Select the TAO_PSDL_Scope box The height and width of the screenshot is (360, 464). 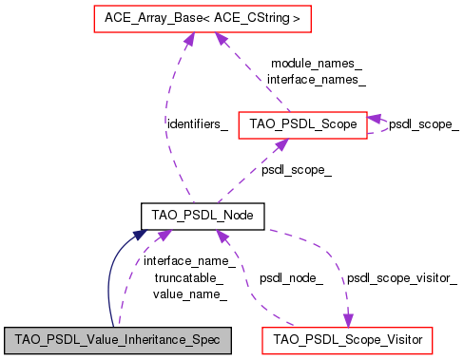pyautogui.click(x=302, y=124)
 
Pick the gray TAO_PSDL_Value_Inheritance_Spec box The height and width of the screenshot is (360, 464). pyautogui.click(x=119, y=339)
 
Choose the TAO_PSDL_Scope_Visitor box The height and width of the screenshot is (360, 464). pyautogui.click(x=348, y=339)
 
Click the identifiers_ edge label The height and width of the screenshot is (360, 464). pyautogui.click(x=197, y=124)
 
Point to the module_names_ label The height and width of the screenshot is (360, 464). pyautogui.click(x=316, y=64)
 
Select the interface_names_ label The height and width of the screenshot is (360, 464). pyautogui.click(x=316, y=80)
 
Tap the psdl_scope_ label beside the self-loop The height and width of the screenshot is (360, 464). pyautogui.click(x=423, y=124)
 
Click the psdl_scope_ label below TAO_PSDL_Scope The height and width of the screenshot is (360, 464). pyautogui.click(x=297, y=170)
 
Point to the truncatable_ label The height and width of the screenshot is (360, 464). pyautogui.click(x=189, y=277)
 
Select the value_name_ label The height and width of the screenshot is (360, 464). pyautogui.click(x=189, y=294)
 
